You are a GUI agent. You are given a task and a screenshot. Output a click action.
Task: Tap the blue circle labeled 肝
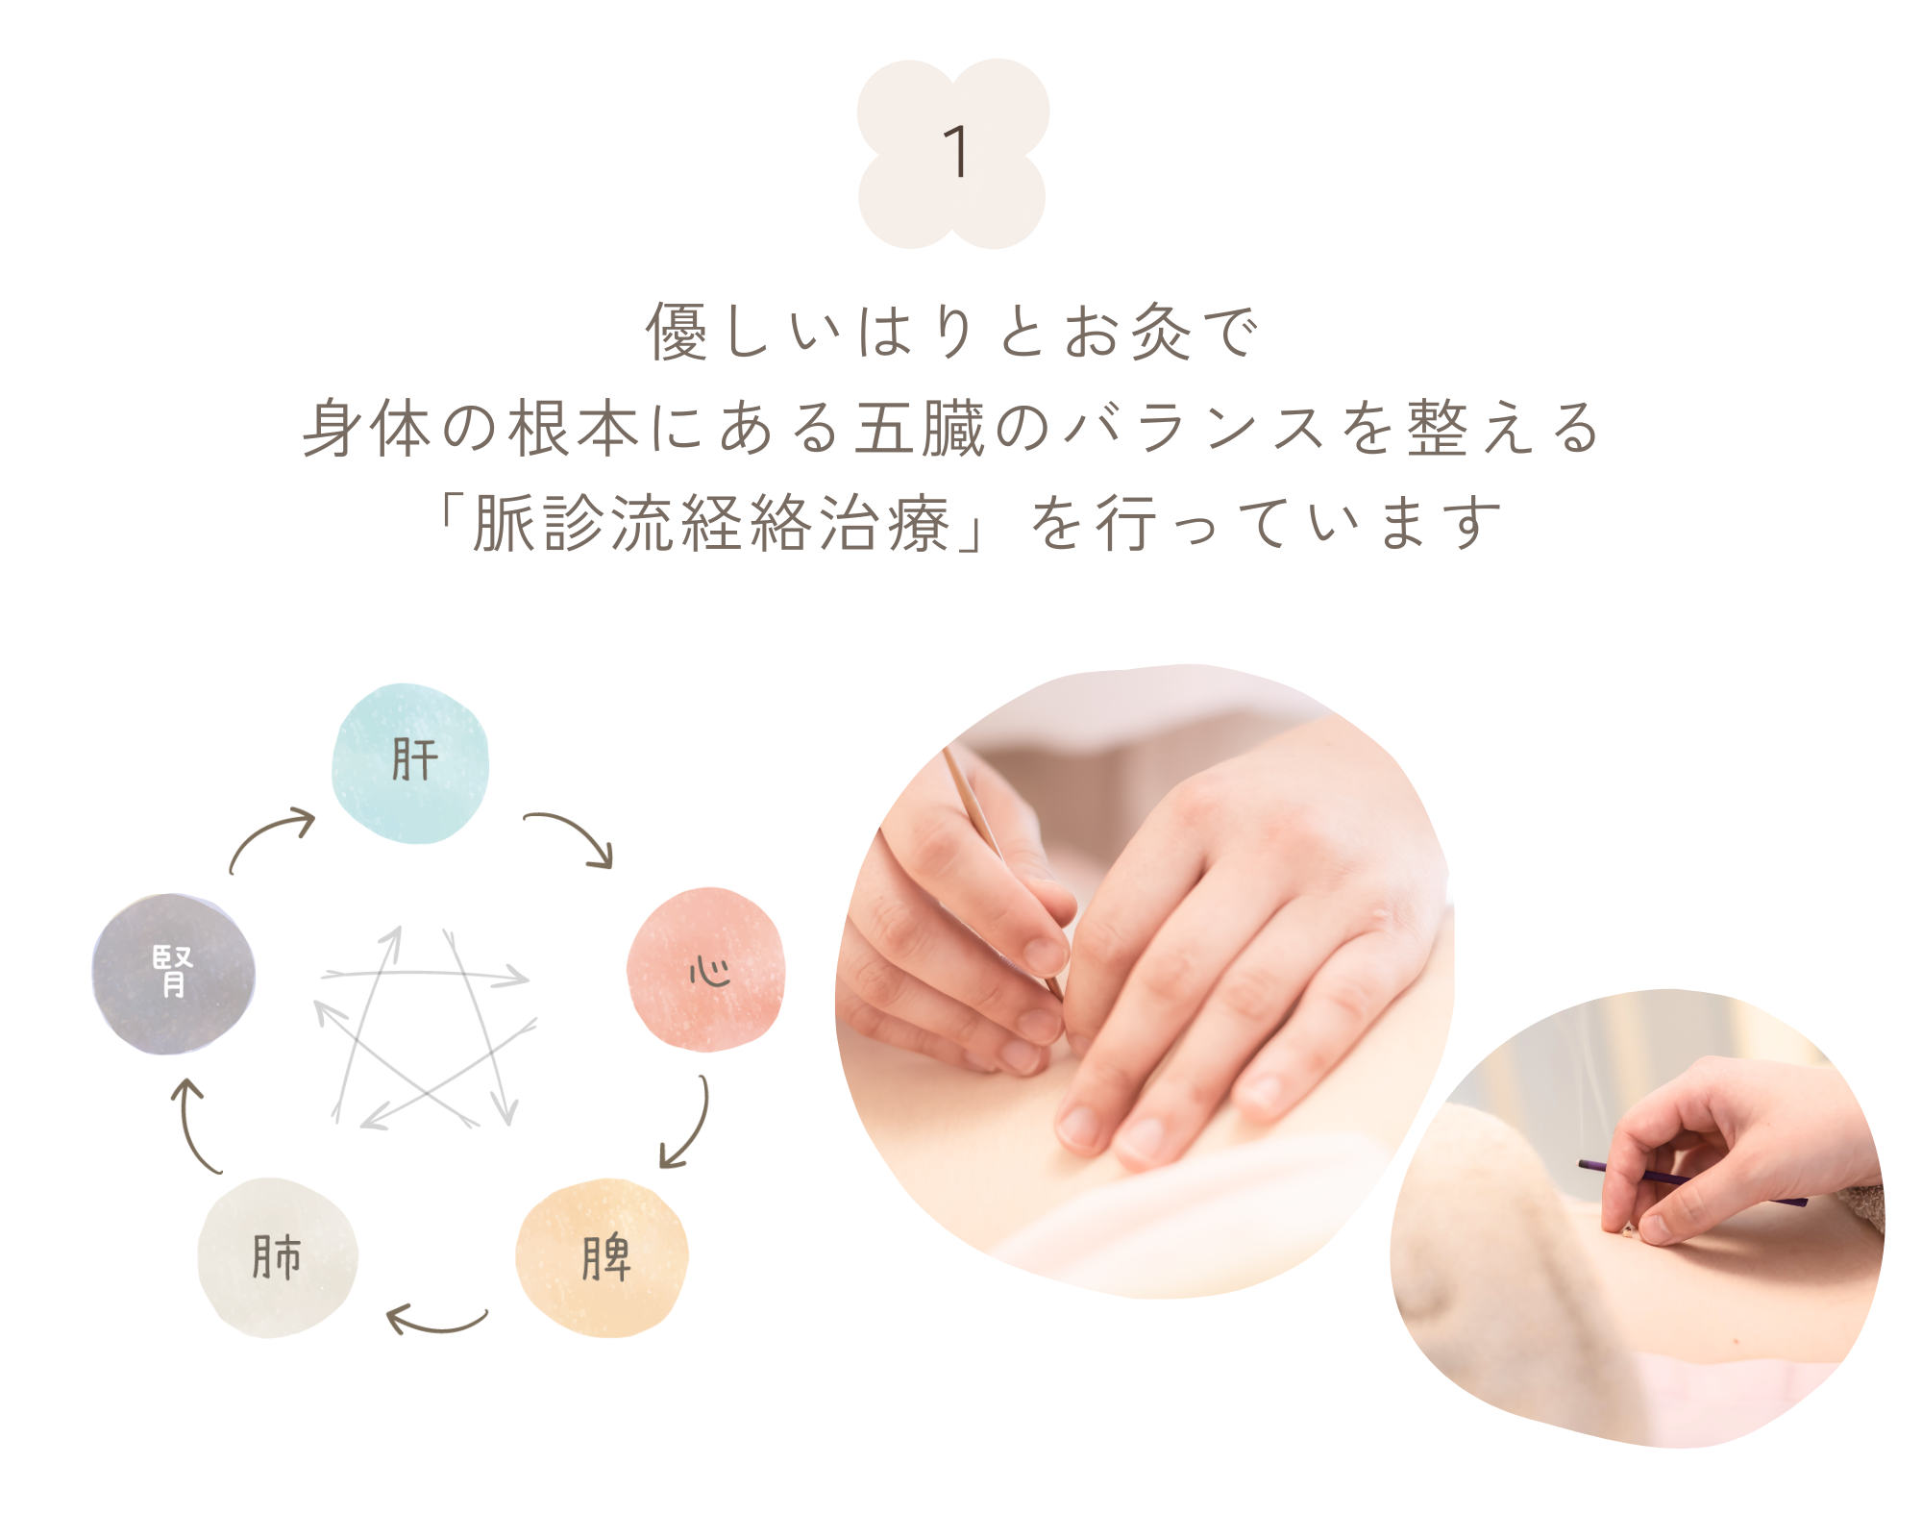pyautogui.click(x=410, y=763)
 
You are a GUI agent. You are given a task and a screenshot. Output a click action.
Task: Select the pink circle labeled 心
pyautogui.click(x=706, y=969)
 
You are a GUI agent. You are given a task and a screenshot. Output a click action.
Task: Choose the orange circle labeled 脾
pyautogui.click(x=602, y=1257)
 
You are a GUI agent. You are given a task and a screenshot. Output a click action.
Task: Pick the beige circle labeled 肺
pyautogui.click(x=278, y=1257)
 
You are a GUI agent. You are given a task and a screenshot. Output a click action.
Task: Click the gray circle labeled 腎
pyautogui.click(x=174, y=973)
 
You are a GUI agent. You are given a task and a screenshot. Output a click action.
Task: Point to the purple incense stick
pyautogui.click(x=1691, y=1182)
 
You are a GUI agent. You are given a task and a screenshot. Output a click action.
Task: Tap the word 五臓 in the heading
pyautogui.click(x=920, y=428)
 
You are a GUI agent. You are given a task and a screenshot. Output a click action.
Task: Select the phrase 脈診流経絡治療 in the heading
pyautogui.click(x=711, y=524)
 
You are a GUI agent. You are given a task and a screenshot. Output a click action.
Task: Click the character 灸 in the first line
pyautogui.click(x=1160, y=332)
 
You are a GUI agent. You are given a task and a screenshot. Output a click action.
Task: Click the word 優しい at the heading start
pyautogui.click(x=745, y=332)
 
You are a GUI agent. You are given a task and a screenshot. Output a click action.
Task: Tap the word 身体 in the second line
pyautogui.click(x=367, y=428)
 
